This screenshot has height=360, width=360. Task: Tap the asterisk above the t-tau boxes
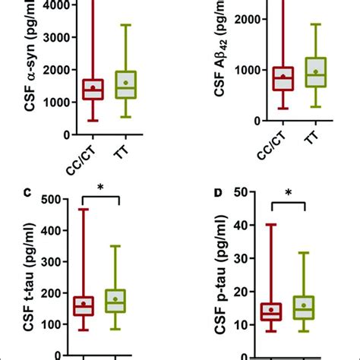coord(99,186)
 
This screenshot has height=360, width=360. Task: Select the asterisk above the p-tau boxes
coord(289,193)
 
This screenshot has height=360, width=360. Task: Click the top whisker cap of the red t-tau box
coord(83,209)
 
